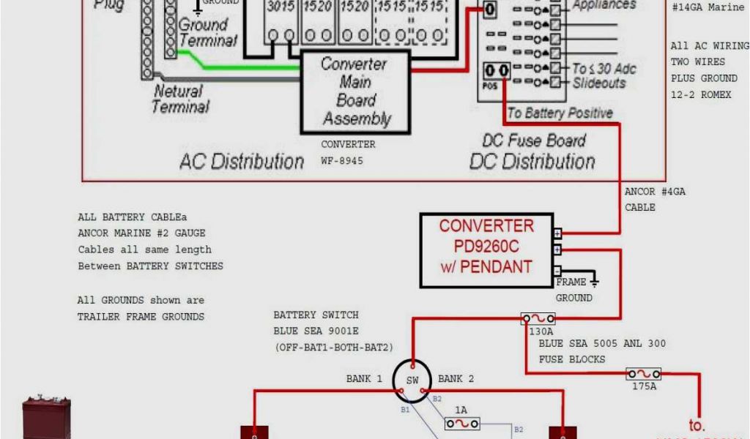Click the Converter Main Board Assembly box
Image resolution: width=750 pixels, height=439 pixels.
356,92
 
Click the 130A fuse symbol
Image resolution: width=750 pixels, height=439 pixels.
538,319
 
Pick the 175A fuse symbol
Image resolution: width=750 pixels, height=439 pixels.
643,374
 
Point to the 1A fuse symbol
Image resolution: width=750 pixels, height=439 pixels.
462,424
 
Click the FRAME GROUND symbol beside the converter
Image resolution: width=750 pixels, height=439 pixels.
594,280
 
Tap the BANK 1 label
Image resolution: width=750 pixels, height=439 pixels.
364,379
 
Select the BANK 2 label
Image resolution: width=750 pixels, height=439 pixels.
456,379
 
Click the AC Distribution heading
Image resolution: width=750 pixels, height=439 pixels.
242,162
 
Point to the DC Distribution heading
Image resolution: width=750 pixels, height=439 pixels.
532,162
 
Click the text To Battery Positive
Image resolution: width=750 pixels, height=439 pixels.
560,113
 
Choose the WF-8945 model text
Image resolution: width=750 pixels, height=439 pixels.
341,160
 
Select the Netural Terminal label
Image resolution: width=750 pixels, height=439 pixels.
180,99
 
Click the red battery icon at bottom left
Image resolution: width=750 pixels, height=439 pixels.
45,417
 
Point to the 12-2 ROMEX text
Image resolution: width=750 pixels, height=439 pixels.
701,94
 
